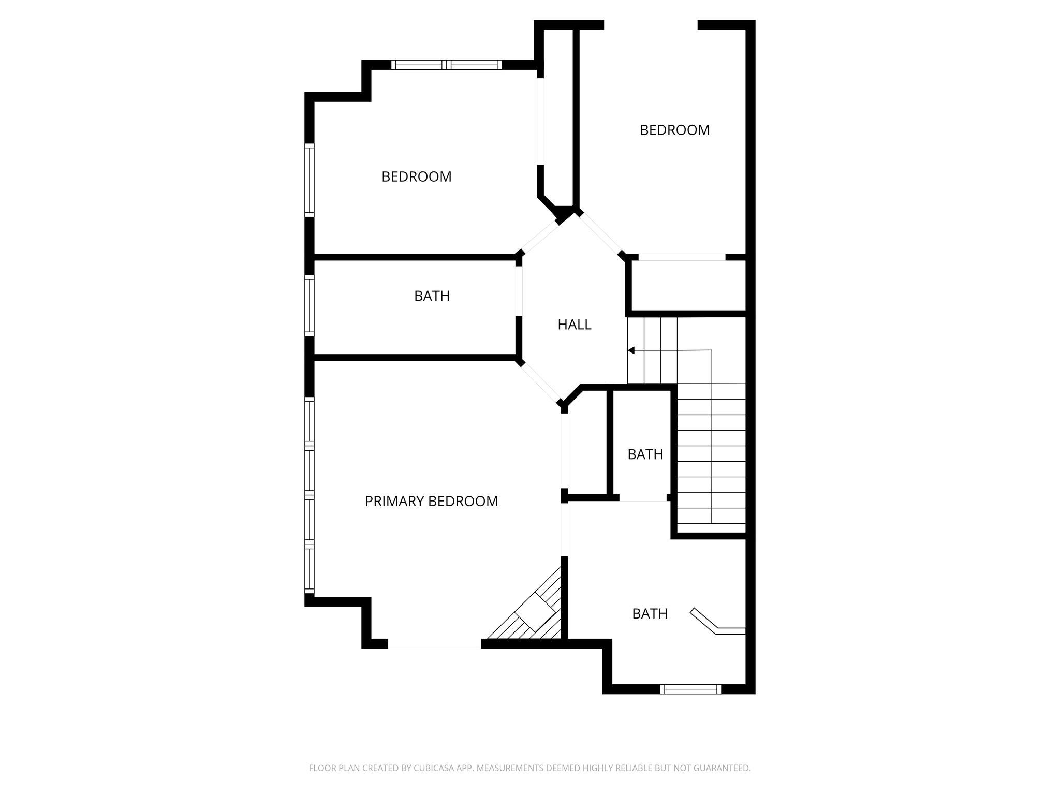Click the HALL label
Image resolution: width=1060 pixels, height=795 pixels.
(574, 325)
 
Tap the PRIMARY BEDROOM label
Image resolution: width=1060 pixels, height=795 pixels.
(431, 501)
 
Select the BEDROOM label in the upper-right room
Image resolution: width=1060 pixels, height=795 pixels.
(674, 130)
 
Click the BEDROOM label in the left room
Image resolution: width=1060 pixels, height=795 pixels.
(416, 176)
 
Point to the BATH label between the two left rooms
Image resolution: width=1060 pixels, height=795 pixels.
(432, 296)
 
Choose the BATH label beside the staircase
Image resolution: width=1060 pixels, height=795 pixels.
(645, 454)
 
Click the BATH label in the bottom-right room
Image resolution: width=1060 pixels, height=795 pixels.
(650, 614)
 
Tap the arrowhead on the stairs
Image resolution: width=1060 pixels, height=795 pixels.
(631, 350)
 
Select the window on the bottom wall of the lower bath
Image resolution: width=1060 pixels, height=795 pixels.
(690, 689)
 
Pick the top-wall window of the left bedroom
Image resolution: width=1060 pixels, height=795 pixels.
(446, 65)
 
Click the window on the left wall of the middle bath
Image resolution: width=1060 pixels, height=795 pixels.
(310, 305)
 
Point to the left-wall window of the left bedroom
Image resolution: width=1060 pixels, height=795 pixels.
(310, 180)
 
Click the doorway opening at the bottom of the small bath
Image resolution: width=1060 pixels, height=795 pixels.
(643, 497)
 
